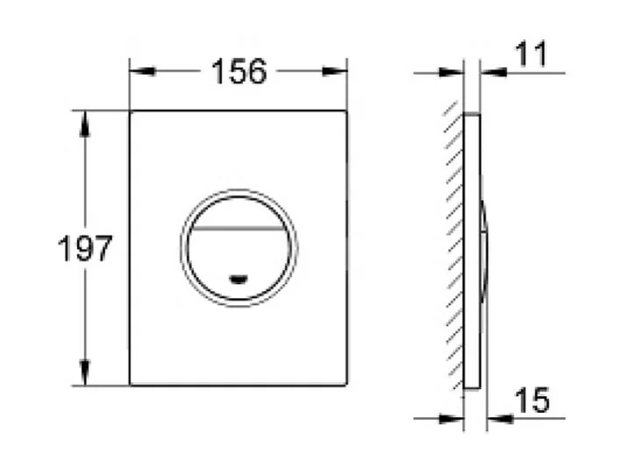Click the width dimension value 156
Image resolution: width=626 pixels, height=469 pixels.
tap(238, 73)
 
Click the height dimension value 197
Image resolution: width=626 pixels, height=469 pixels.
tap(85, 250)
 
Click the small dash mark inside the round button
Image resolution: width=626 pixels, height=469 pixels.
tap(238, 281)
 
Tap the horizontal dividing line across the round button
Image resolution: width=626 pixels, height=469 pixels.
tap(238, 225)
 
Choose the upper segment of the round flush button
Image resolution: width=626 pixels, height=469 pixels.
tap(238, 209)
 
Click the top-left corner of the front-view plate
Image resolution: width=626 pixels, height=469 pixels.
tap(131, 111)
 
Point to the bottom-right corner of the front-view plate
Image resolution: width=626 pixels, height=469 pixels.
tap(346, 385)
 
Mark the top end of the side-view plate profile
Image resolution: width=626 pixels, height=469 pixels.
tap(472, 114)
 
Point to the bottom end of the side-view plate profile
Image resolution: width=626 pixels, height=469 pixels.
tap(472, 387)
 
